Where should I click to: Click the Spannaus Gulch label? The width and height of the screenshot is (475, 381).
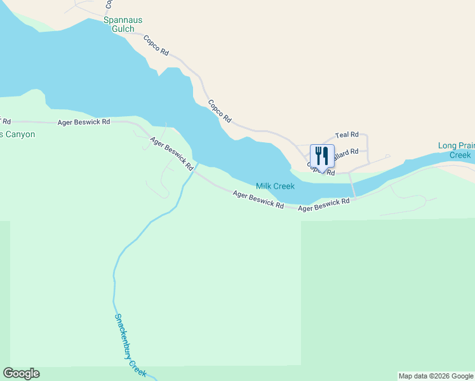click(x=119, y=25)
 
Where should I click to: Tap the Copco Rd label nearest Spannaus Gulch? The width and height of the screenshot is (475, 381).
click(x=156, y=45)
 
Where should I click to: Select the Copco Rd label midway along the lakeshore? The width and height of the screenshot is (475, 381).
click(x=220, y=111)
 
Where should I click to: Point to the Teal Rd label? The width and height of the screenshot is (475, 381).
click(x=347, y=135)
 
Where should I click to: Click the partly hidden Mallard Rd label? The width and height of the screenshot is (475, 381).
click(x=347, y=152)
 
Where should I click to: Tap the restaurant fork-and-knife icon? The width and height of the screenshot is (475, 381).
click(x=322, y=156)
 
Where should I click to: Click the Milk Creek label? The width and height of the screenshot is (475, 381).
click(x=275, y=186)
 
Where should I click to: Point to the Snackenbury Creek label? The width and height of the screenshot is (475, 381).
click(x=130, y=345)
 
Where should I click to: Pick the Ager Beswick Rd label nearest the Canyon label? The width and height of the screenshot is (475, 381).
click(x=83, y=121)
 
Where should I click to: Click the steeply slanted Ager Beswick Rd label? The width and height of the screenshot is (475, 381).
click(x=171, y=154)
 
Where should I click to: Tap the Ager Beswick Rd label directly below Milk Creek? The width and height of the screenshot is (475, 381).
click(x=258, y=199)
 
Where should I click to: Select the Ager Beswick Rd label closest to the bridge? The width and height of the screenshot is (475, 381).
click(x=324, y=204)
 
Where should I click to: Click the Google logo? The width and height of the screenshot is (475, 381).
click(x=21, y=373)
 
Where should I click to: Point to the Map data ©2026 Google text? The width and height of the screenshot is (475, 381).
click(x=436, y=376)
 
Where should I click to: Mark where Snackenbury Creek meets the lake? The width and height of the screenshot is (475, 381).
click(x=196, y=164)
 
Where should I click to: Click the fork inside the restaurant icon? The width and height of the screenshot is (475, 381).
click(x=318, y=155)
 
